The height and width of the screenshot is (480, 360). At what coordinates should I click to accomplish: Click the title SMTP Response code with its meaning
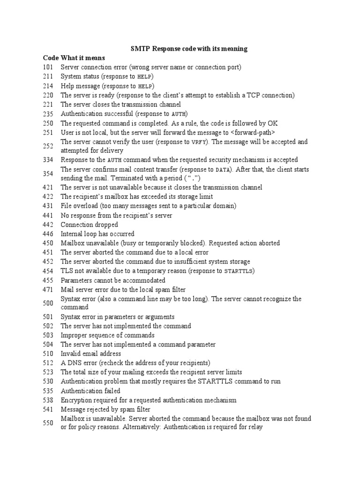(x=188, y=49)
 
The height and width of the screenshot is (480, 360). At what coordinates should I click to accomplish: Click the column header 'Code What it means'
(x=74, y=58)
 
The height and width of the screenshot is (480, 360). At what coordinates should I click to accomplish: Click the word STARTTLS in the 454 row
(x=239, y=271)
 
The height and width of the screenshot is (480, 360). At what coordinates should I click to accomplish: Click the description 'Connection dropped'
(x=90, y=225)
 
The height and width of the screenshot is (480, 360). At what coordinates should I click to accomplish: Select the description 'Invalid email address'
(x=91, y=354)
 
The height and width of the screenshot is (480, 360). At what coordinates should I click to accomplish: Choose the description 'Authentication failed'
(x=90, y=391)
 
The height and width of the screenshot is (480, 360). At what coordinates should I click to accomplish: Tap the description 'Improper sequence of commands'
(x=107, y=336)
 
